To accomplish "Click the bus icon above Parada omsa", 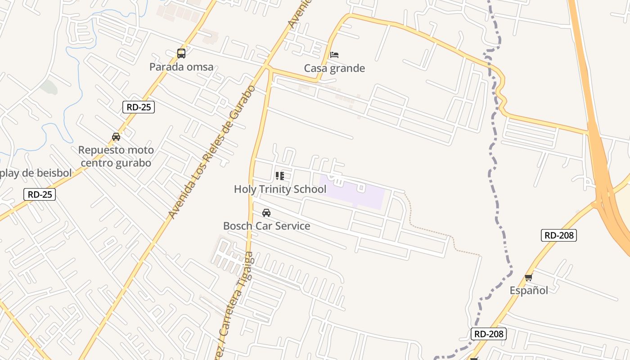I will click(181, 54).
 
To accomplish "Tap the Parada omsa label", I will click(181, 67).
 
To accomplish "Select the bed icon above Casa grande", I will click(334, 55).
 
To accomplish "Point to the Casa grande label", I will click(334, 68).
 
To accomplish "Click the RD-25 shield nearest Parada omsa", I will click(139, 107).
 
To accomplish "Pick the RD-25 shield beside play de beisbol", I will click(40, 194).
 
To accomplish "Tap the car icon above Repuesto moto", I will click(116, 137).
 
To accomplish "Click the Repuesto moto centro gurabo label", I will click(116, 156).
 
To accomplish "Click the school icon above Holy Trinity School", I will click(280, 175).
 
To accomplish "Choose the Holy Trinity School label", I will click(280, 189).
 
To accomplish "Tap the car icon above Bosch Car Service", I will click(266, 213).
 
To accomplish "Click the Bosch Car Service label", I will click(266, 226).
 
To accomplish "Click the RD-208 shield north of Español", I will click(558, 235).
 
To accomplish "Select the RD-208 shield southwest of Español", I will click(489, 334).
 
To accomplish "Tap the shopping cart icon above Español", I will click(529, 277).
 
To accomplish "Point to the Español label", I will click(529, 290).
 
